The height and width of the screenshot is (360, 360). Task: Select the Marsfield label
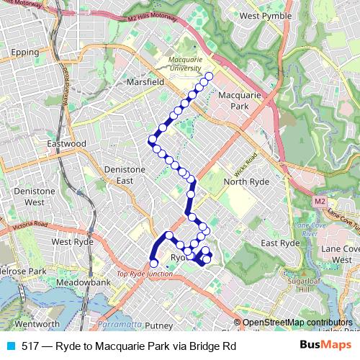coord(146,82)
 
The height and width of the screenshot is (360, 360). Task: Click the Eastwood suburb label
coord(66,144)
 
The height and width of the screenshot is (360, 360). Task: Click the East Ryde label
coord(280,243)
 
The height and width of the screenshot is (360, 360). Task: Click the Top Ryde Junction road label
coord(145,274)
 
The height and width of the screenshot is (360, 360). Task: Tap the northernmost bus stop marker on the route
coord(210,76)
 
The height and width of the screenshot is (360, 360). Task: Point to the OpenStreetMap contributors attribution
coord(297,323)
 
